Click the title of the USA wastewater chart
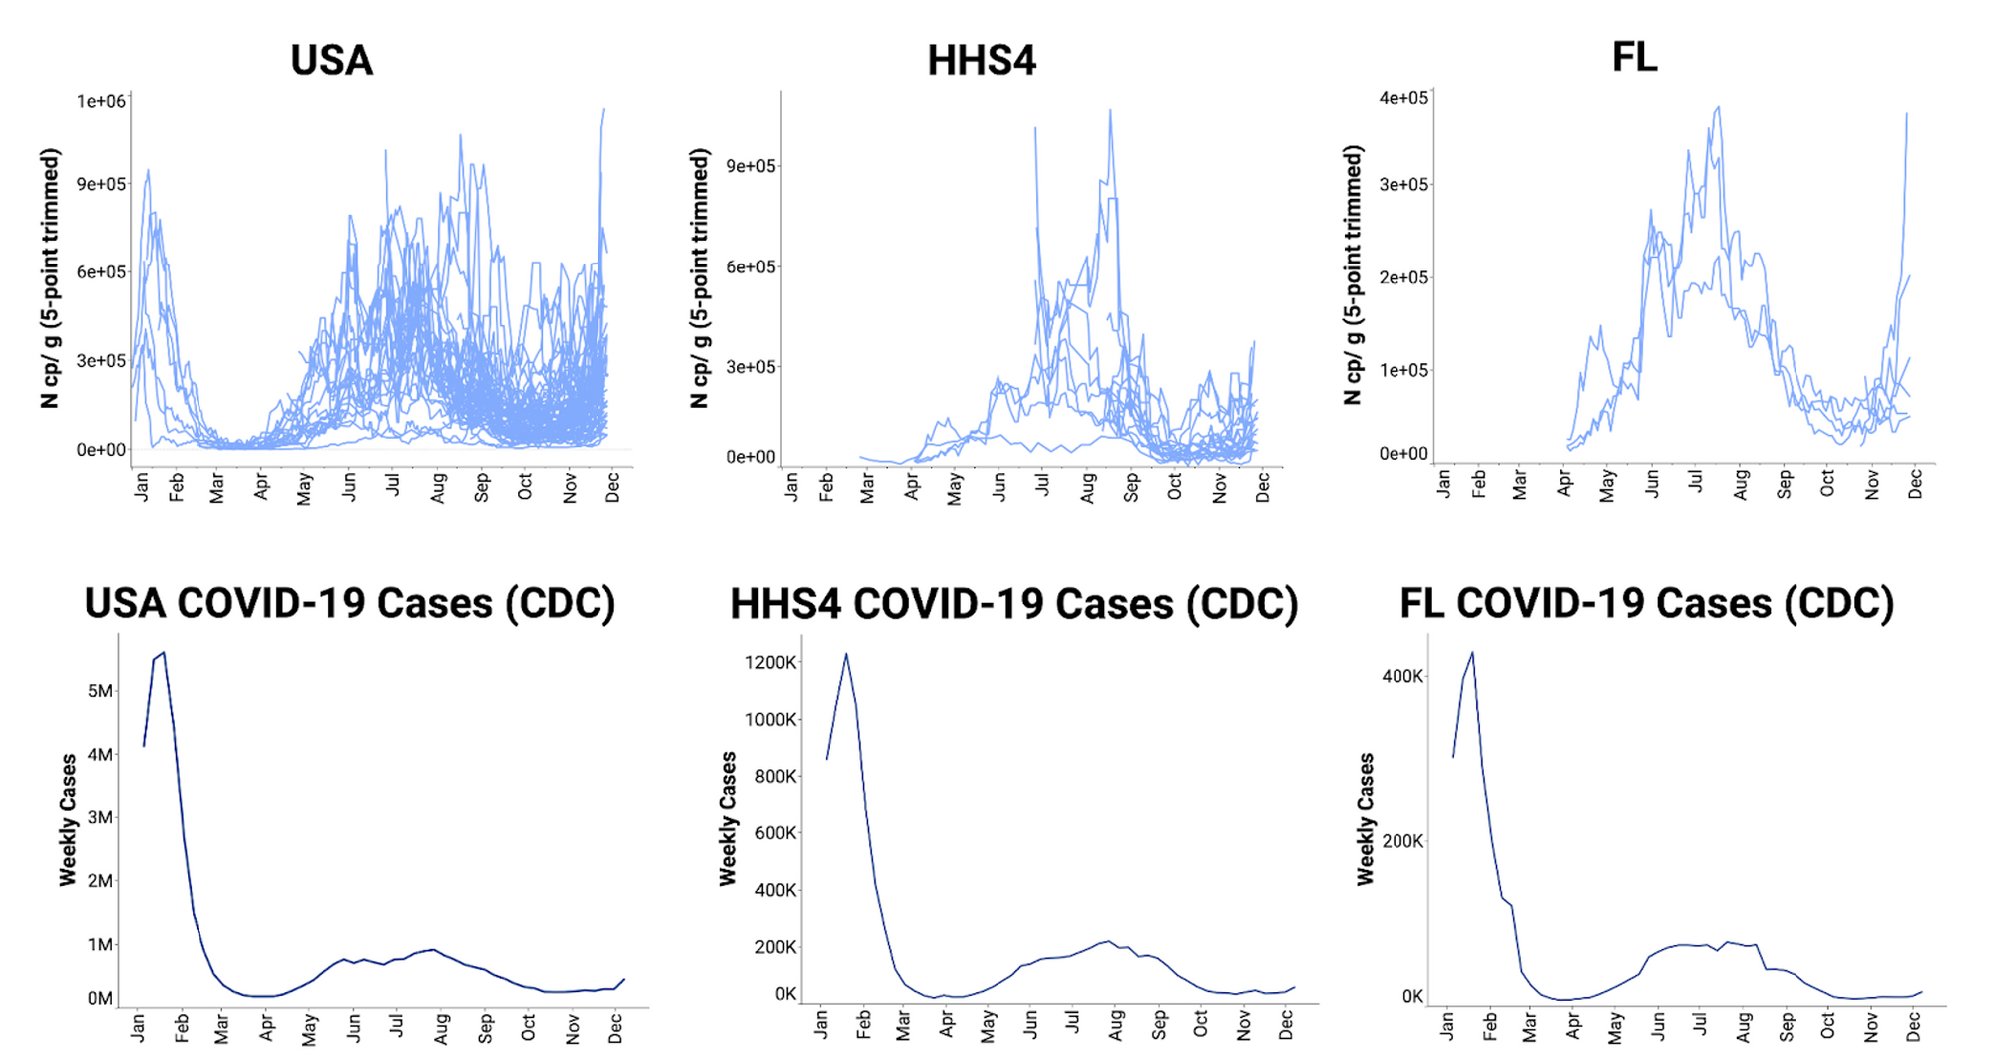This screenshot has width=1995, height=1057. pos(331,61)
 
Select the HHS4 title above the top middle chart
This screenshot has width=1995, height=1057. pos(982,61)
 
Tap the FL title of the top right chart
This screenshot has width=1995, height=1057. pos(1634,57)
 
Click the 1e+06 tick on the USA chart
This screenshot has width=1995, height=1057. pos(101,101)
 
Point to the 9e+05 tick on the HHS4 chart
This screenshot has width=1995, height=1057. pos(751,166)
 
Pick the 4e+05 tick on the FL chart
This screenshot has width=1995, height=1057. pos(1403,98)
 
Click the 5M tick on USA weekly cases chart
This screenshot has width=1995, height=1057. pos(100,691)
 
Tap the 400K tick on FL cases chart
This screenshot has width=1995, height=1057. pos(1402,676)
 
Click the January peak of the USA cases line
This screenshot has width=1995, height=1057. pos(164,653)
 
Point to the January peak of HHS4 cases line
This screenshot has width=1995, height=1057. pos(846,655)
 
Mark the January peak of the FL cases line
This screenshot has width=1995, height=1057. pos(1472,653)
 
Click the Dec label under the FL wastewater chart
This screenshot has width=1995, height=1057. pos(1914,485)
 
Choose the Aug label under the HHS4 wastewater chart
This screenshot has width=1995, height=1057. pos(1087,488)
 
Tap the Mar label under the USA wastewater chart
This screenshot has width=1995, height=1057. pos(217,488)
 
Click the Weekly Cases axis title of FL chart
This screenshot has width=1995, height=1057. pos(1365,819)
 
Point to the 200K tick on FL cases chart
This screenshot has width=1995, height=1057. pos(1402,841)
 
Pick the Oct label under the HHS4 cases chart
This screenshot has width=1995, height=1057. pos(1201,1024)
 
